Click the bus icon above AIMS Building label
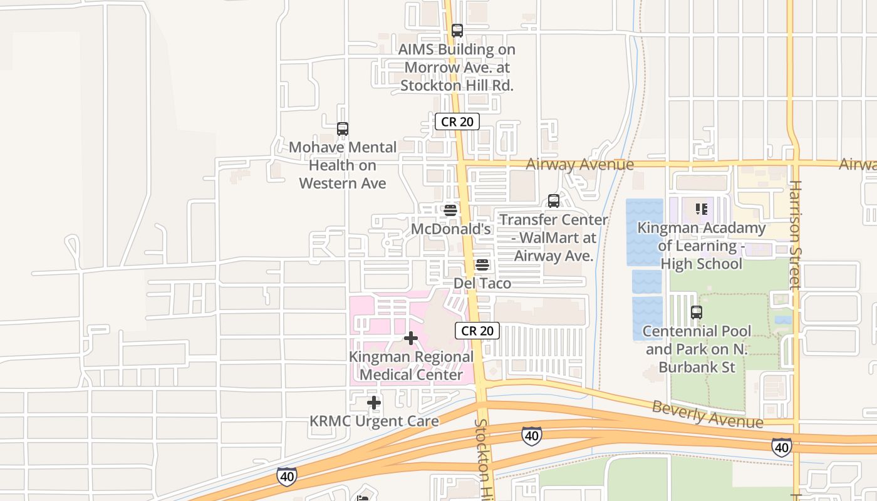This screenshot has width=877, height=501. pyautogui.click(x=457, y=30)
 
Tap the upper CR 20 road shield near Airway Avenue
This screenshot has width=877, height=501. pyautogui.click(x=457, y=121)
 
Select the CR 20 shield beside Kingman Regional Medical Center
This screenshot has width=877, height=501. pyautogui.click(x=477, y=331)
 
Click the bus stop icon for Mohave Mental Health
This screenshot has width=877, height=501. pyautogui.click(x=342, y=129)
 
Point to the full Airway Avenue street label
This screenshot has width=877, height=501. pyautogui.click(x=579, y=164)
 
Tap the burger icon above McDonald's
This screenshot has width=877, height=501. pyautogui.click(x=450, y=210)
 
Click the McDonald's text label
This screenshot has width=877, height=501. pyautogui.click(x=450, y=229)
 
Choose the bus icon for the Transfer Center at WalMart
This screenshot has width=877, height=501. pyautogui.click(x=554, y=201)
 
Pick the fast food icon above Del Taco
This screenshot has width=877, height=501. pyautogui.click(x=482, y=264)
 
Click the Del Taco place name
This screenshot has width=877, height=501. pyautogui.click(x=482, y=283)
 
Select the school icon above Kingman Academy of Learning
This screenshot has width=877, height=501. pyautogui.click(x=701, y=209)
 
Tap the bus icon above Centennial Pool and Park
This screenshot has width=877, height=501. pyautogui.click(x=697, y=312)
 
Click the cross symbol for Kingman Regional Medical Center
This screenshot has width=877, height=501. pyautogui.click(x=411, y=338)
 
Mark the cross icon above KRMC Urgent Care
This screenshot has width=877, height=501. pyautogui.click(x=374, y=403)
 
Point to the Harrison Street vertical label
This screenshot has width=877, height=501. pyautogui.click(x=796, y=235)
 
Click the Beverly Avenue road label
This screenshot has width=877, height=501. pyautogui.click(x=707, y=415)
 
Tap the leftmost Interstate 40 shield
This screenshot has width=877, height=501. pyautogui.click(x=286, y=477)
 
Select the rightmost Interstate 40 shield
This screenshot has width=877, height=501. pyautogui.click(x=781, y=447)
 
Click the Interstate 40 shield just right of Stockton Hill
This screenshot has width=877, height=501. pyautogui.click(x=531, y=436)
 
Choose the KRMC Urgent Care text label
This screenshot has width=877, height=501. pyautogui.click(x=374, y=421)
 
